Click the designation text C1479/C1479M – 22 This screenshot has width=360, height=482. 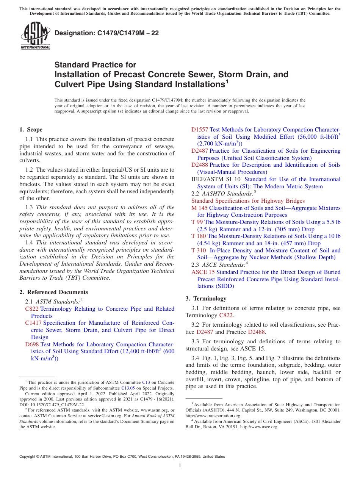pos(106,33)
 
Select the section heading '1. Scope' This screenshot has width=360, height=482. pos(31,130)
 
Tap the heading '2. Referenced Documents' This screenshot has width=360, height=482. pos(54,292)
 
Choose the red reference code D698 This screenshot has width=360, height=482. pos(32,344)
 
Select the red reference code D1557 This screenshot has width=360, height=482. pos(200,130)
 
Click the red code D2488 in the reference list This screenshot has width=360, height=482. pos(200,165)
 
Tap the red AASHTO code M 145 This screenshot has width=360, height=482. pos(199,208)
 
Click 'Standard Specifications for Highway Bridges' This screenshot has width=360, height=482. pos(248,201)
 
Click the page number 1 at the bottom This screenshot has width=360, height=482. pos(180,465)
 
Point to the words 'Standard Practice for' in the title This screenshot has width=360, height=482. pos(95,65)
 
